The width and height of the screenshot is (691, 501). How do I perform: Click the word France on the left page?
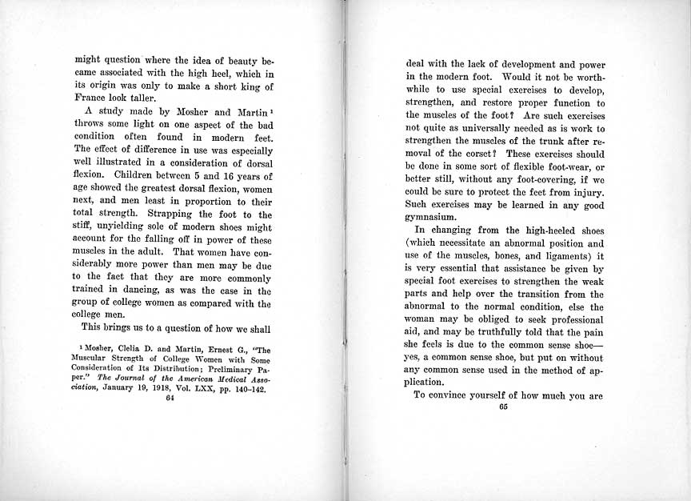pos(91,99)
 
